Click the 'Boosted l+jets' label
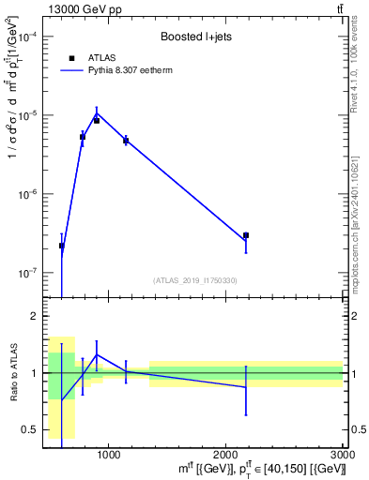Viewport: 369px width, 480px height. [x=194, y=37]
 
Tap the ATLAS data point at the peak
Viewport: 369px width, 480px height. [x=97, y=120]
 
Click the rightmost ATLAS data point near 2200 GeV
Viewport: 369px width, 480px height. [x=246, y=235]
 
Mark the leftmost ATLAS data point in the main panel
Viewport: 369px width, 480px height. [x=62, y=246]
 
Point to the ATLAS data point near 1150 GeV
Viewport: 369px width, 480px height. [x=126, y=141]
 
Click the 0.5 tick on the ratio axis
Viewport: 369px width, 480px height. [x=30, y=430]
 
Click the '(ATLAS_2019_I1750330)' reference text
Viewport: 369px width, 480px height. [x=194, y=280]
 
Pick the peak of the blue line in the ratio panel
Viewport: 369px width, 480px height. [x=97, y=354]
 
